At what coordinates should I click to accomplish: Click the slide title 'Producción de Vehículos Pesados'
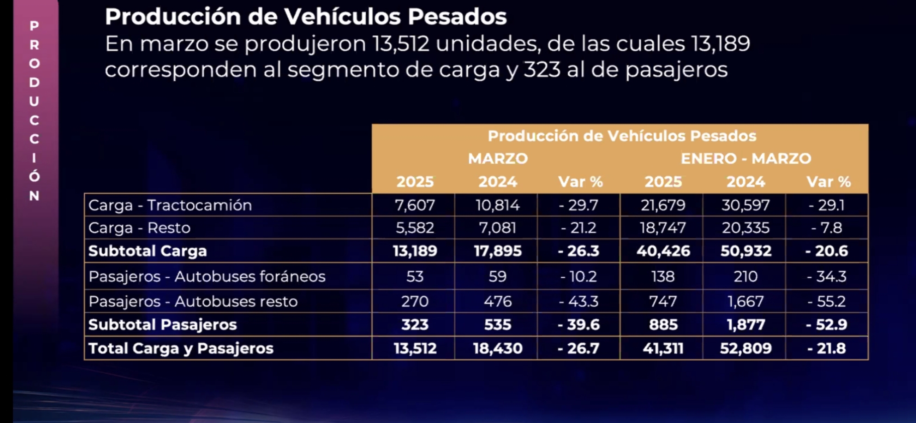coord(306,17)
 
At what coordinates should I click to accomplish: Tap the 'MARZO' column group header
coord(498,159)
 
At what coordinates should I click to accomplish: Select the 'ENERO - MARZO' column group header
coord(746,159)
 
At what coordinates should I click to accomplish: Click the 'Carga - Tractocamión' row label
coord(170,205)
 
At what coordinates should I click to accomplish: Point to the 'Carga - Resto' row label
coord(139,228)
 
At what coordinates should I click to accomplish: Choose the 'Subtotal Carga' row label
coord(147,251)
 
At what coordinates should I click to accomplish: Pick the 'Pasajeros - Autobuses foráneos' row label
coord(207,277)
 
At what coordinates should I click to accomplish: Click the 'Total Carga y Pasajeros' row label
coord(181,348)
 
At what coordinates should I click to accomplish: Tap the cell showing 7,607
coord(415,205)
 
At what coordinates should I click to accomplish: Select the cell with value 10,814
coord(498,205)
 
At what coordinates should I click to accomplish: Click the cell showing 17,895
coord(498,251)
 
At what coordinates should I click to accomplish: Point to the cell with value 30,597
coord(745,205)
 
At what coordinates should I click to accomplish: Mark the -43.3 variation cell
coord(579,302)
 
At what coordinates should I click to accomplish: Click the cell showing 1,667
coord(745,302)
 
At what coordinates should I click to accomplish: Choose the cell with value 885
coord(663,325)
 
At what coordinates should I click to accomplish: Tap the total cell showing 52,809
coord(745,348)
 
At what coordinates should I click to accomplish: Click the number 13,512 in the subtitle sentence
coord(401,43)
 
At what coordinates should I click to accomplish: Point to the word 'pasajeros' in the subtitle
coord(676,70)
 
